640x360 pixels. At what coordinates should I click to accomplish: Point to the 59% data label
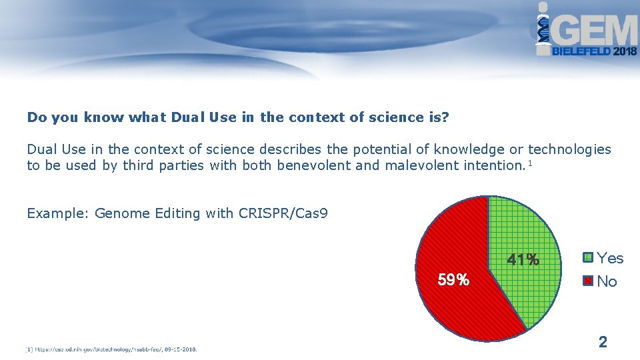tap(453, 280)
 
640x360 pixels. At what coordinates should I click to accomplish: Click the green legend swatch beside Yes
tap(587, 257)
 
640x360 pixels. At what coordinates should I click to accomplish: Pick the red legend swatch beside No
tap(587, 281)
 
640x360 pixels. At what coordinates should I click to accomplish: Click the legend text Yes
tap(610, 258)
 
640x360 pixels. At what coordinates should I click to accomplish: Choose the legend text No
tap(607, 281)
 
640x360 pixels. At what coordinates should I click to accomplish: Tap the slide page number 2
tap(603, 343)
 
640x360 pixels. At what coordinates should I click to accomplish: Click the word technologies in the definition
tap(569, 149)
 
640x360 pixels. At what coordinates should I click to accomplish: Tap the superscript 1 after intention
tap(529, 163)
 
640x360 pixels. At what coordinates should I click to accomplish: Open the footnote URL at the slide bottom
tap(113, 349)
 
